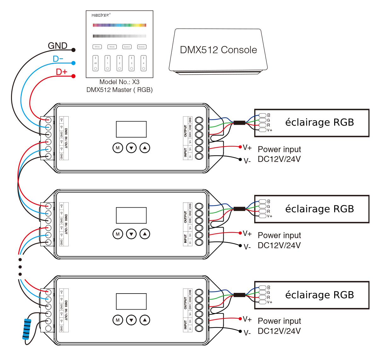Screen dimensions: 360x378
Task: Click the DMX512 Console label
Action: click(218, 50)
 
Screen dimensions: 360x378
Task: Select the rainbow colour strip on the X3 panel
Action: click(119, 25)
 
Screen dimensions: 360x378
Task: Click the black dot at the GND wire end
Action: click(73, 50)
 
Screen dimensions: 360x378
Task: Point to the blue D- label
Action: click(58, 59)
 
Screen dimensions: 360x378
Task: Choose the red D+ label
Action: click(61, 72)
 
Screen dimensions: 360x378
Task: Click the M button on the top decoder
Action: click(118, 148)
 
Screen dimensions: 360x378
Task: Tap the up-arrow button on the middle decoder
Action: click(145, 234)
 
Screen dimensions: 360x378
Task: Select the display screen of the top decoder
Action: click(131, 129)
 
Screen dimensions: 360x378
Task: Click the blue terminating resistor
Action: click(27, 329)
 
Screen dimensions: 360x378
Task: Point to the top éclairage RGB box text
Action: click(319, 122)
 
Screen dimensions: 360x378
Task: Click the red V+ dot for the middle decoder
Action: click(240, 233)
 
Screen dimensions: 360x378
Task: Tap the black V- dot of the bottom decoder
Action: click(240, 331)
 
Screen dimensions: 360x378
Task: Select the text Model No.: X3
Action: click(119, 82)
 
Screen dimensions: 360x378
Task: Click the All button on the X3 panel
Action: click(95, 63)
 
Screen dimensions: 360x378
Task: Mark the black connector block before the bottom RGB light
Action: click(239, 295)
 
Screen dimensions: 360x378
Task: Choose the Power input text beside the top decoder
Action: click(279, 149)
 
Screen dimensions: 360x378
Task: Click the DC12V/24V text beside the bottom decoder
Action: click(279, 331)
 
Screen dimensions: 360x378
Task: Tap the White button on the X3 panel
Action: click(97, 47)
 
